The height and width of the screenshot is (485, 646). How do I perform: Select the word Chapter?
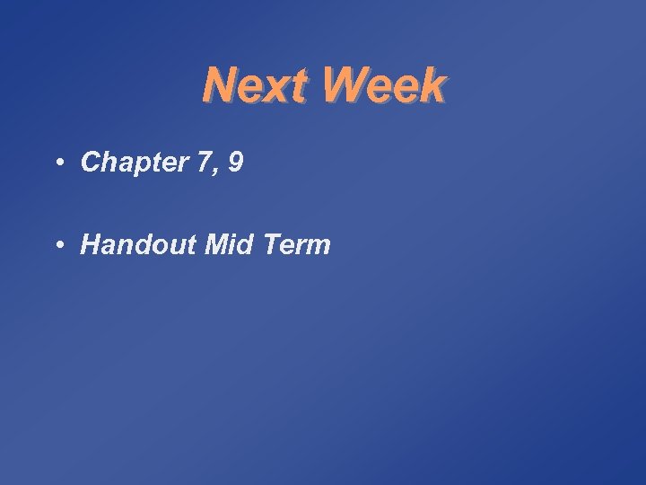coord(131,162)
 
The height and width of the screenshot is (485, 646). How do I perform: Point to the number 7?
coord(197,162)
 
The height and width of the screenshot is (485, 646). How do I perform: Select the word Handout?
coord(138,244)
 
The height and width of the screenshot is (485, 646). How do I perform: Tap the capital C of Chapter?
coord(90,162)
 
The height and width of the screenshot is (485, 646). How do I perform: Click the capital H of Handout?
coord(91,244)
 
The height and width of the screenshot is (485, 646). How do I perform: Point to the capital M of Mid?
coord(215,244)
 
